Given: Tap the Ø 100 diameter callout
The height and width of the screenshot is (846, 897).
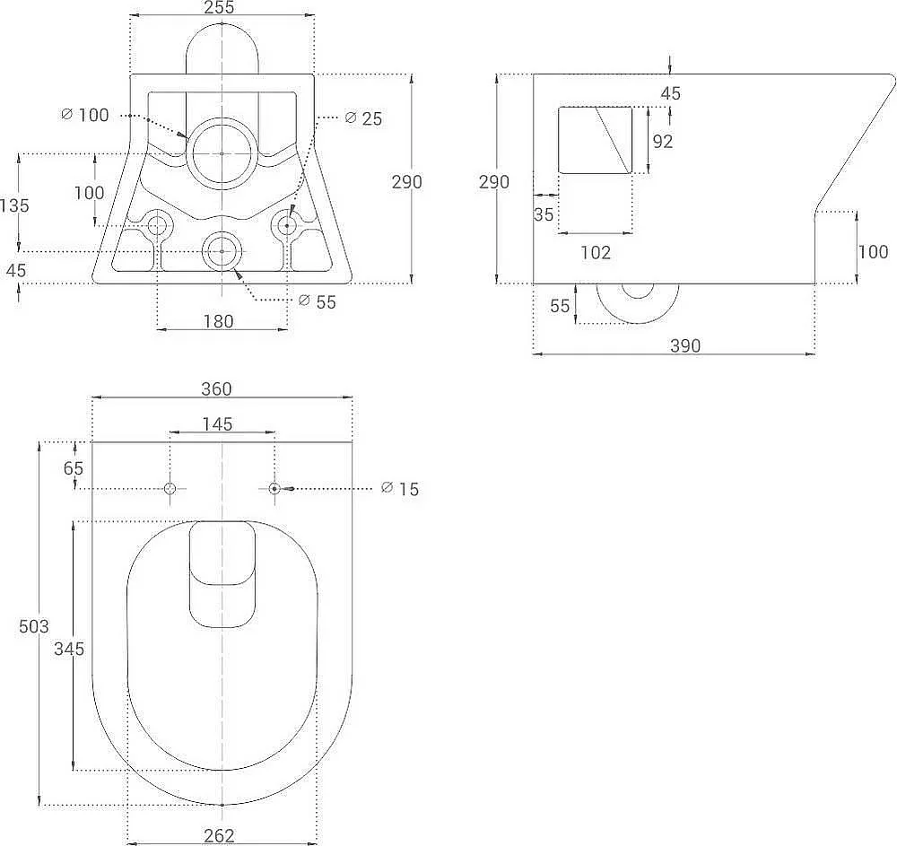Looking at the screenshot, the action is pyautogui.click(x=84, y=115).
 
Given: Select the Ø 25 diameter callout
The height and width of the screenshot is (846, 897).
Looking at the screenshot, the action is pyautogui.click(x=364, y=118).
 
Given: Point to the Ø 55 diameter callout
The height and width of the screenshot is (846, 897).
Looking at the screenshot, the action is pyautogui.click(x=318, y=301).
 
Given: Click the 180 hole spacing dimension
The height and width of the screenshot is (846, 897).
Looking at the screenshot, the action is pyautogui.click(x=219, y=321).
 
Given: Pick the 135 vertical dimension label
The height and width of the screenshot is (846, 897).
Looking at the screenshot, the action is pyautogui.click(x=14, y=205).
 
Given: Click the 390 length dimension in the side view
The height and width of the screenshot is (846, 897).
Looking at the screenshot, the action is pyautogui.click(x=684, y=345).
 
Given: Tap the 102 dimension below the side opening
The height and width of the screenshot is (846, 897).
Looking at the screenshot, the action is pyautogui.click(x=596, y=252).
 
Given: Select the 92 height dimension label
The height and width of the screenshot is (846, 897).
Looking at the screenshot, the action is pyautogui.click(x=663, y=141).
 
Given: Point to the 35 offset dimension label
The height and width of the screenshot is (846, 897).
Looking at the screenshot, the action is pyautogui.click(x=544, y=214).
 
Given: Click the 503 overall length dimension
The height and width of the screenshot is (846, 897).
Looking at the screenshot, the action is pyautogui.click(x=34, y=626).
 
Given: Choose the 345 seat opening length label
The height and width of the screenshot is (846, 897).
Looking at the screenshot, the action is pyautogui.click(x=69, y=649).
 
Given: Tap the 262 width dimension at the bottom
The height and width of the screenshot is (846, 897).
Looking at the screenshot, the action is pyautogui.click(x=219, y=836).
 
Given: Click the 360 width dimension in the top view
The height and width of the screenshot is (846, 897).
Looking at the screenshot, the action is pyautogui.click(x=216, y=389).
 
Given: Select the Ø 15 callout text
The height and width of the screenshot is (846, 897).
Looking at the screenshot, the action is pyautogui.click(x=400, y=489).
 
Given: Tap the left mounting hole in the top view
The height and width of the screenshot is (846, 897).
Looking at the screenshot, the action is pyautogui.click(x=170, y=489).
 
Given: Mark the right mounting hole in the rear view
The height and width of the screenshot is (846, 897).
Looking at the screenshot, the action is pyautogui.click(x=287, y=226).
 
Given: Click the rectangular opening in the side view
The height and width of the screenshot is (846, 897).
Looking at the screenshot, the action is pyautogui.click(x=595, y=140).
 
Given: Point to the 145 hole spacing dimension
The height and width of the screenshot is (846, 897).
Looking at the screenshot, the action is pyautogui.click(x=217, y=423).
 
